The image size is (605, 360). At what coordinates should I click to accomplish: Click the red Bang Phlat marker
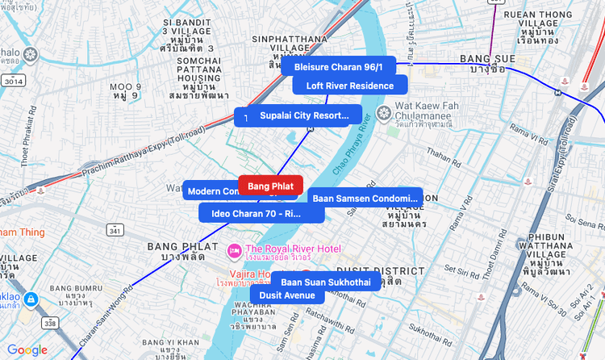[270, 186]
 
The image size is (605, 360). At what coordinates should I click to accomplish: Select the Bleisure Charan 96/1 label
[344, 67]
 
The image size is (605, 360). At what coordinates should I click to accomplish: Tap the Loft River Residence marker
[349, 86]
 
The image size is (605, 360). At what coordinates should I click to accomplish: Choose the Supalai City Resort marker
[304, 116]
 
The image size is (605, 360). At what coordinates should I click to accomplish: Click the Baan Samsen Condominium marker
[365, 198]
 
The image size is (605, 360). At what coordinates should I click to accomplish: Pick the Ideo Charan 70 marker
[256, 214]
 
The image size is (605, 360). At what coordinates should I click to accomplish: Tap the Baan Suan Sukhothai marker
[325, 283]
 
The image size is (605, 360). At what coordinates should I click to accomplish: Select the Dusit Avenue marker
[287, 295]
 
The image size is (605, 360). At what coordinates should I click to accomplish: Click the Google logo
[27, 350]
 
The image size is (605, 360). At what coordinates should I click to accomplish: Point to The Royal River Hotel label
[293, 249]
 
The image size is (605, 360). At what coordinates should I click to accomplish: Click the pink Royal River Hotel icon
[234, 249]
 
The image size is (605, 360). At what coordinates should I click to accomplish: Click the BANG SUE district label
[482, 59]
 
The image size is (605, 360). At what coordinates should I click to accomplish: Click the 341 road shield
[115, 231]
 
